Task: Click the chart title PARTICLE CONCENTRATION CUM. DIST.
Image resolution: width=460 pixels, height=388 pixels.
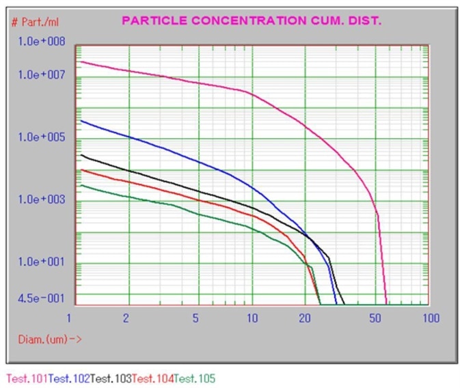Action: coord(252,20)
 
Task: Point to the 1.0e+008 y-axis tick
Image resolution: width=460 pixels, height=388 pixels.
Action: coord(41,42)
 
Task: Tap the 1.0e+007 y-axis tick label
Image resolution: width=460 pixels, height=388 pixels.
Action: coord(41,74)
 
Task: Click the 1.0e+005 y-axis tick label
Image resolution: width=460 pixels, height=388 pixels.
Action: coord(41,137)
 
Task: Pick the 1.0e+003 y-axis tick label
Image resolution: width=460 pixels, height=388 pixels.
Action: coord(41,199)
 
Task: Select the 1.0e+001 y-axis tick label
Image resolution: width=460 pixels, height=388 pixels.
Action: coord(41,262)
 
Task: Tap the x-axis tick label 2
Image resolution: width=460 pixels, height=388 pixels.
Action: coord(127,318)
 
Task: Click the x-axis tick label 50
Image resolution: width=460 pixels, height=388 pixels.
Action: coord(375,318)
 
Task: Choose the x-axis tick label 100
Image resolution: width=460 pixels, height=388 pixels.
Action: coord(430,318)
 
